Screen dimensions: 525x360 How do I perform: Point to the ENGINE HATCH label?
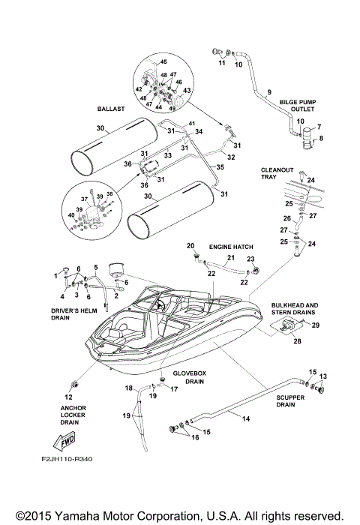(x=232, y=246)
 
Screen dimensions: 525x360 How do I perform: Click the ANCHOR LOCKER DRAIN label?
(x=69, y=415)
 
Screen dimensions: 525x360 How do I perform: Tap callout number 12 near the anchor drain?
(x=68, y=396)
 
